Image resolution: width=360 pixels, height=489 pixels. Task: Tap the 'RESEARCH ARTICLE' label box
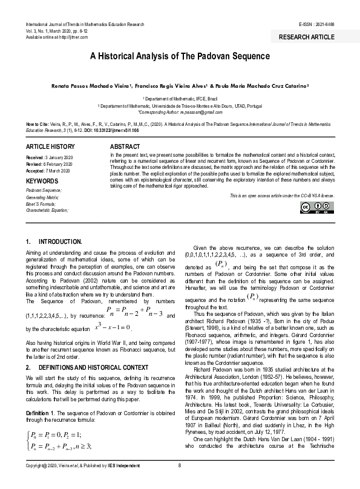click(306, 37)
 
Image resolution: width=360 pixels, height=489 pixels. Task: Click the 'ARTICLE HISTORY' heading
click(50, 147)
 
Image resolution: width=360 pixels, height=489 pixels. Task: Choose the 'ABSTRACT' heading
click(126, 147)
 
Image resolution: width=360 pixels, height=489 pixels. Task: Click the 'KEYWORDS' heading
click(42, 180)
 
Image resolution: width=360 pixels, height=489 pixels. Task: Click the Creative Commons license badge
click(317, 207)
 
